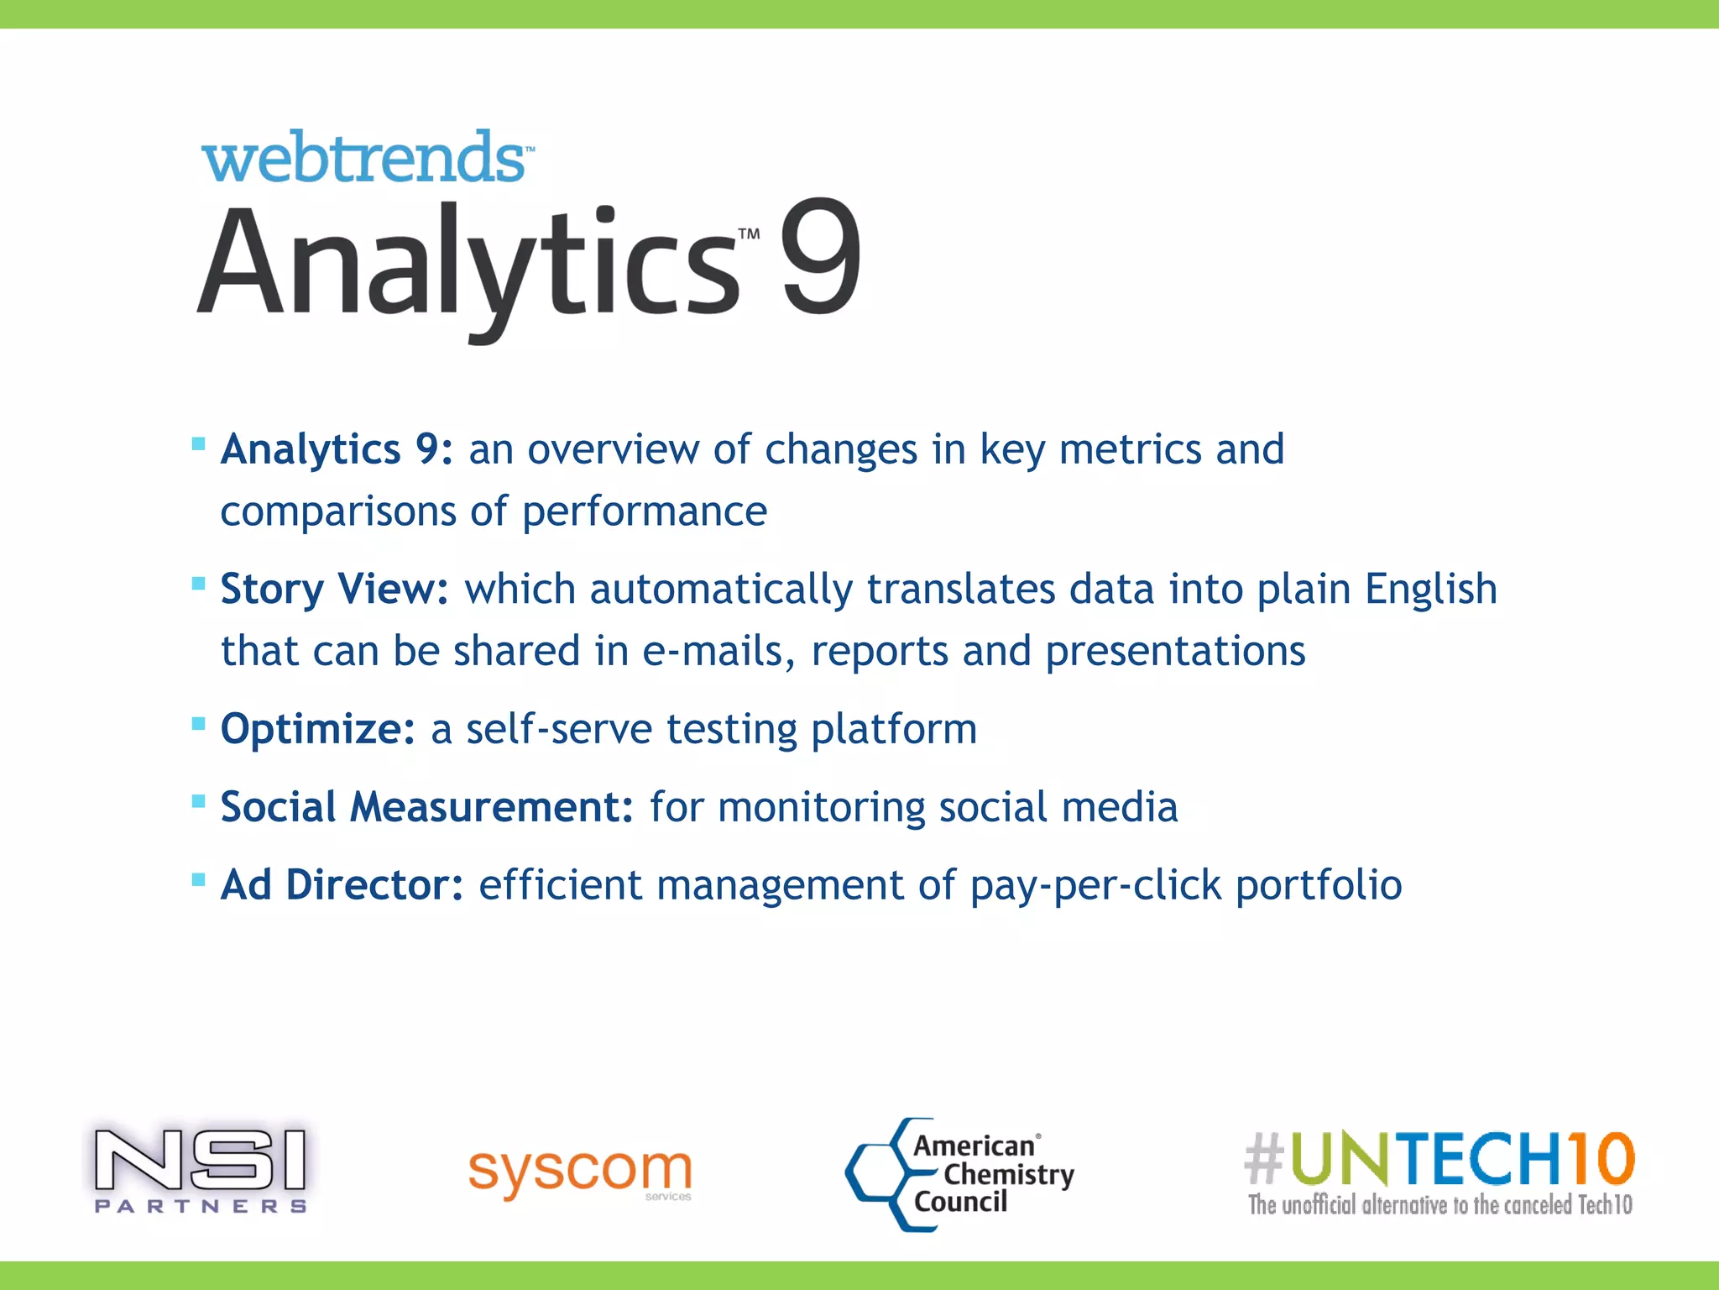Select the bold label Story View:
tap(334, 589)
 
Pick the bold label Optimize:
tap(317, 729)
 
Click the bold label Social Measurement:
tap(426, 807)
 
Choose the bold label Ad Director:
tap(342, 885)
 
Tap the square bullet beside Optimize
tap(199, 724)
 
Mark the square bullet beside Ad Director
tap(199, 880)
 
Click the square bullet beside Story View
tap(199, 584)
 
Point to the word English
tap(1430, 589)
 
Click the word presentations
tap(1175, 652)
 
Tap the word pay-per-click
tap(1095, 885)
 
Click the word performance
tap(645, 511)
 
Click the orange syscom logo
tap(580, 1172)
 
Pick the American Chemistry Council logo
tap(959, 1174)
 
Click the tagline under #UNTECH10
tap(1439, 1205)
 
